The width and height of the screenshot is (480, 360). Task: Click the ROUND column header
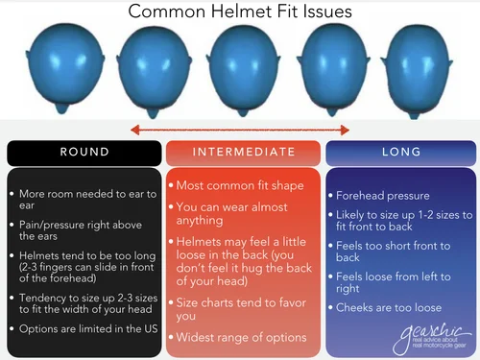click(x=84, y=152)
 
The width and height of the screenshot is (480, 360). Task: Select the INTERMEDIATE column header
click(x=243, y=152)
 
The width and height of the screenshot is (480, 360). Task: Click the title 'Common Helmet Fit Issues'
click(x=240, y=12)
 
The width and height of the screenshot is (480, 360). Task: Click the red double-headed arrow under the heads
click(x=239, y=129)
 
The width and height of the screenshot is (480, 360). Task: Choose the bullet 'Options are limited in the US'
click(x=86, y=329)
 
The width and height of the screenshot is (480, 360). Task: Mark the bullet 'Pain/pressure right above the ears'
click(x=82, y=230)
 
